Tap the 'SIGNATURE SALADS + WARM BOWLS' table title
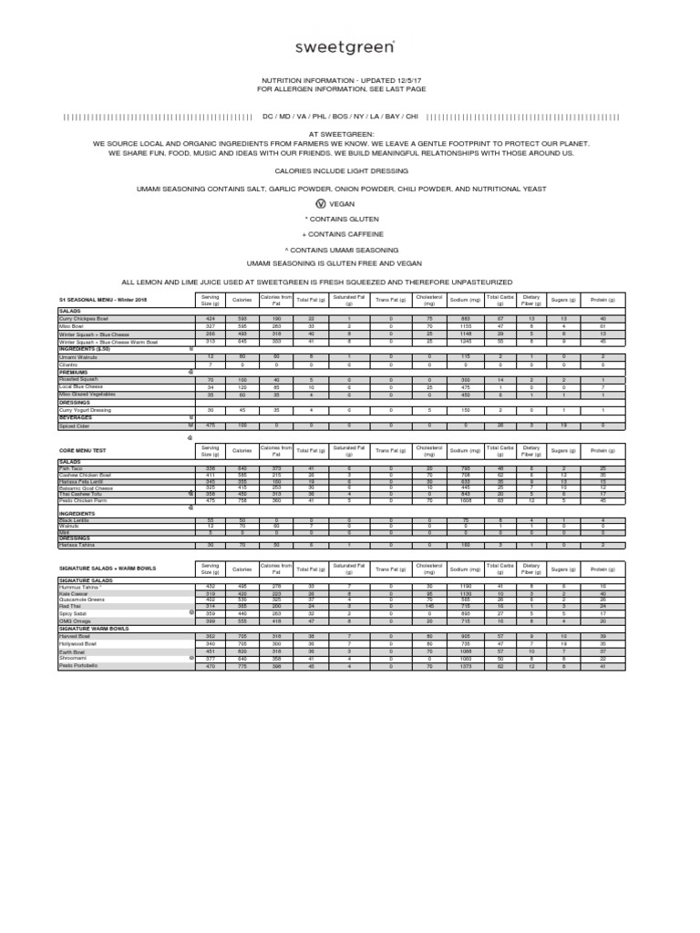(x=108, y=569)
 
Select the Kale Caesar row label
(x=75, y=594)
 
